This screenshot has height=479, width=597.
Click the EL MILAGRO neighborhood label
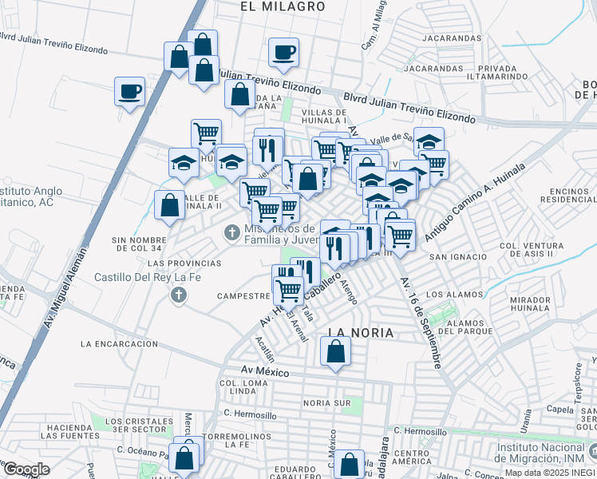click(283, 6)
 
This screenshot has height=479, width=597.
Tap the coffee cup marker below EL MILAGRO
click(283, 53)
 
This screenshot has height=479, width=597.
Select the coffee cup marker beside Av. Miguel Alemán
click(129, 92)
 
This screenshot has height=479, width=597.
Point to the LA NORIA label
click(362, 331)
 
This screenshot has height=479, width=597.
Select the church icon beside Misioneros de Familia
click(231, 232)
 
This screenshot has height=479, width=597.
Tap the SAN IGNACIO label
click(458, 257)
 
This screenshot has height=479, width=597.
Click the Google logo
click(26, 469)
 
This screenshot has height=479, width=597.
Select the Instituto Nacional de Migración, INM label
click(545, 453)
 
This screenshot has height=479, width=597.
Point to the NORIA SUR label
click(326, 403)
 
